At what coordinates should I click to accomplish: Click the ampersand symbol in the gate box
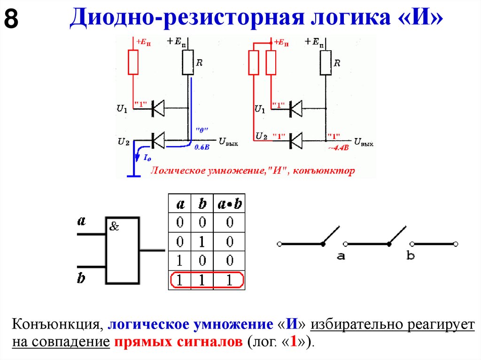[114, 227]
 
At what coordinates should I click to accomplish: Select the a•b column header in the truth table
[229, 204]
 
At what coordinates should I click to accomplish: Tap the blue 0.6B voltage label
[202, 147]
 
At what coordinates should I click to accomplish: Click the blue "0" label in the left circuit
[202, 130]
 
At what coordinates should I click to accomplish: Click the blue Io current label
[147, 159]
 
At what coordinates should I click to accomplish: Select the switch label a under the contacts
[341, 256]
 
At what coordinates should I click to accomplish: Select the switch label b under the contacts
[411, 256]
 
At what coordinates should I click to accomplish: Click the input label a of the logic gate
[81, 221]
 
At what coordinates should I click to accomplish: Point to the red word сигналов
[210, 342]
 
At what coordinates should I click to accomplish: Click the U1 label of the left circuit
[122, 109]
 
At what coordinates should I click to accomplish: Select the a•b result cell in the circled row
[229, 281]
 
